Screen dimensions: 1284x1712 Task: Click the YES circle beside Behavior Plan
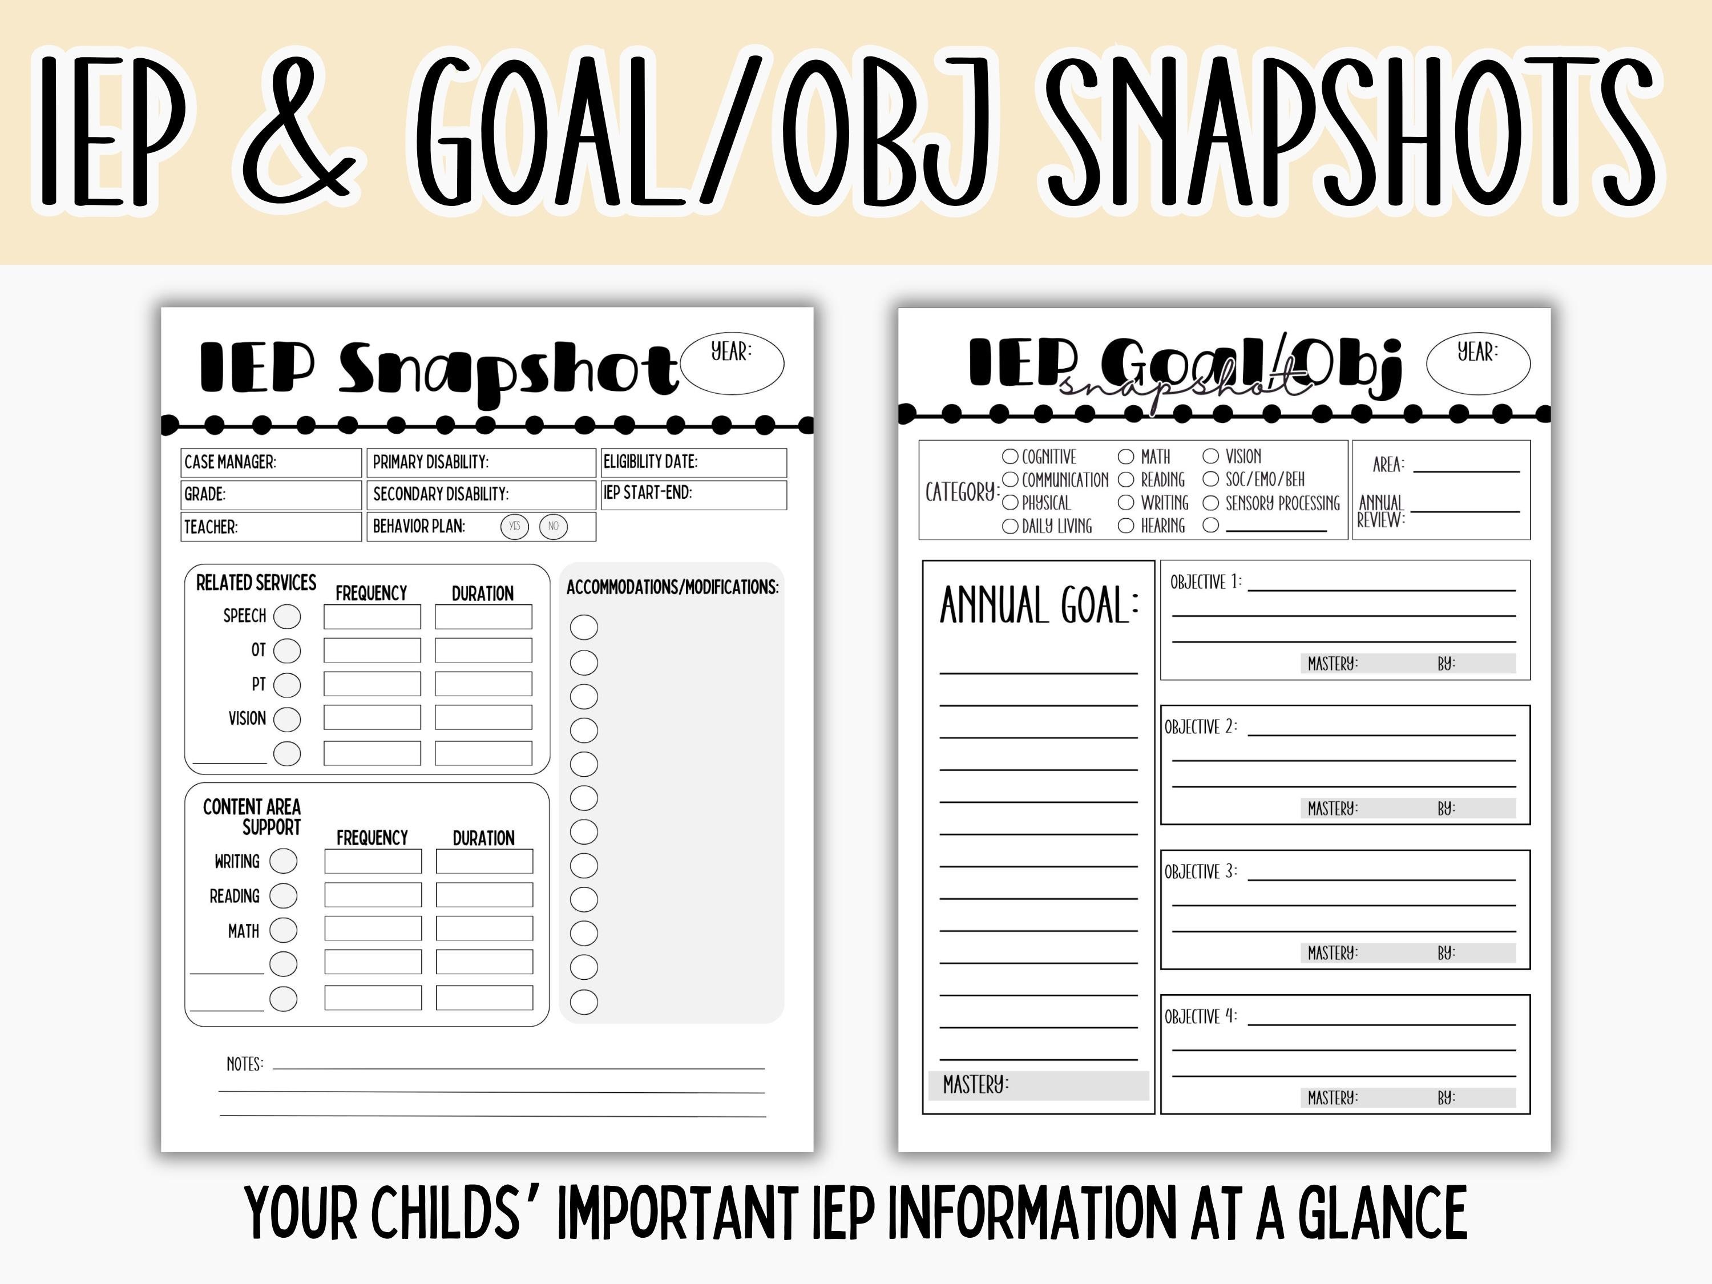[514, 526]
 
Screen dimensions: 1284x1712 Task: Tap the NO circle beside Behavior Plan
[554, 526]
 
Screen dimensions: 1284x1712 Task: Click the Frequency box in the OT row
[372, 650]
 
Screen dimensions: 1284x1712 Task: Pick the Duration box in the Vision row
[484, 717]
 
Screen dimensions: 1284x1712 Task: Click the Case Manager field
[271, 462]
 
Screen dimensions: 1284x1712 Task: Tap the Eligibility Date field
[693, 462]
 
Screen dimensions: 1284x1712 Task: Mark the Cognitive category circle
[1010, 457]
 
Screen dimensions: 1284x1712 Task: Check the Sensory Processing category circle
[1210, 503]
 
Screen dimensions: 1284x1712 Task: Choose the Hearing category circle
[1126, 526]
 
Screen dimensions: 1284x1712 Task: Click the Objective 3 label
[1201, 872]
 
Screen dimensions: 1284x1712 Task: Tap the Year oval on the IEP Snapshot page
[732, 362]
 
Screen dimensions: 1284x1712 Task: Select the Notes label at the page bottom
[245, 1064]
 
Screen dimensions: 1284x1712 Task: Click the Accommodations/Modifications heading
[672, 587]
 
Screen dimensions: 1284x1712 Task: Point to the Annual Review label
[1381, 511]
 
